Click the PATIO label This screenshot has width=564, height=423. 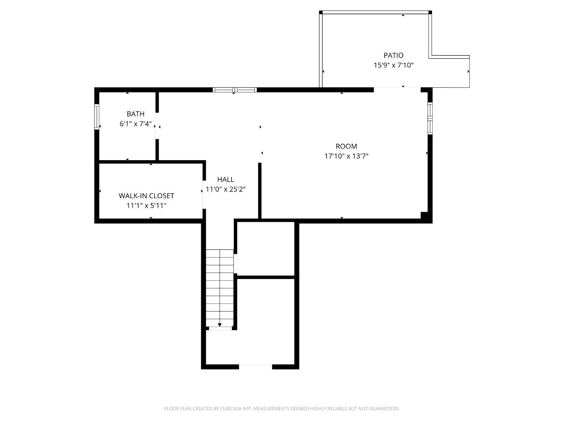(x=393, y=55)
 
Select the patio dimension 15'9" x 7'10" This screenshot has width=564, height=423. (x=393, y=65)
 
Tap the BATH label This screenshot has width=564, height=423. (x=136, y=114)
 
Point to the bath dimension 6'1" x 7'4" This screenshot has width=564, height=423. (x=136, y=124)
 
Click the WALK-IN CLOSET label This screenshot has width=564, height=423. (x=146, y=196)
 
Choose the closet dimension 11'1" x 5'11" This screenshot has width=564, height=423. (x=146, y=206)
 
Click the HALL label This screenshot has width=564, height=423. (x=226, y=179)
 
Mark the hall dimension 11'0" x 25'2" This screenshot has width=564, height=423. (x=226, y=189)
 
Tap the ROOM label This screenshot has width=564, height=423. (x=346, y=146)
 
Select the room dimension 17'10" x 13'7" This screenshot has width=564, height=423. (x=346, y=156)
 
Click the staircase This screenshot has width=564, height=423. (x=220, y=288)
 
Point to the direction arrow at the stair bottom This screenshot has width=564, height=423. (x=220, y=325)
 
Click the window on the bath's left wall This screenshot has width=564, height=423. (x=97, y=116)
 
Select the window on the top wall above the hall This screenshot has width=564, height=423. (x=235, y=90)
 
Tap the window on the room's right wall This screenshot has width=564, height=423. (x=430, y=118)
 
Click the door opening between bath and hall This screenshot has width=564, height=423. (x=157, y=126)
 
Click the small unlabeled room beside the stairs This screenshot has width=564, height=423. (x=266, y=249)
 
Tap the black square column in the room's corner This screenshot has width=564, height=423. (x=424, y=215)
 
